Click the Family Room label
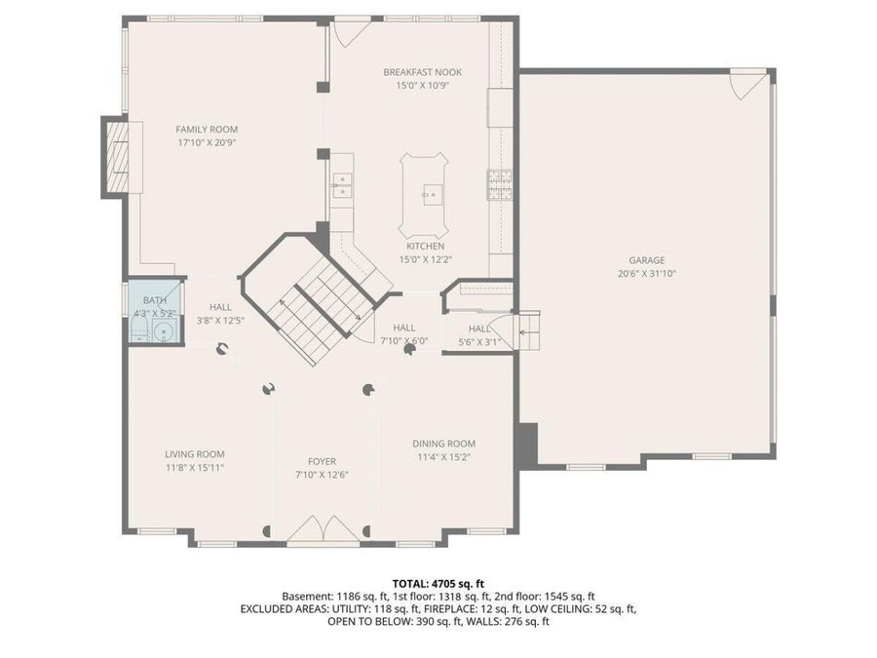pyautogui.click(x=207, y=129)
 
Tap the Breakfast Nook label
pyautogui.click(x=422, y=72)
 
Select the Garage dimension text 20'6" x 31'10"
pyautogui.click(x=646, y=274)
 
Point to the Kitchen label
pyautogui.click(x=425, y=247)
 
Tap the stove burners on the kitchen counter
pyautogui.click(x=500, y=182)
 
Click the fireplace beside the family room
pyautogui.click(x=116, y=156)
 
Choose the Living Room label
pyautogui.click(x=195, y=454)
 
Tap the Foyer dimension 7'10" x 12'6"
pyautogui.click(x=322, y=475)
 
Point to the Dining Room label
pyautogui.click(x=443, y=444)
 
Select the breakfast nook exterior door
pyautogui.click(x=347, y=29)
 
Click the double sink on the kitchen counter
pyautogui.click(x=342, y=184)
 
